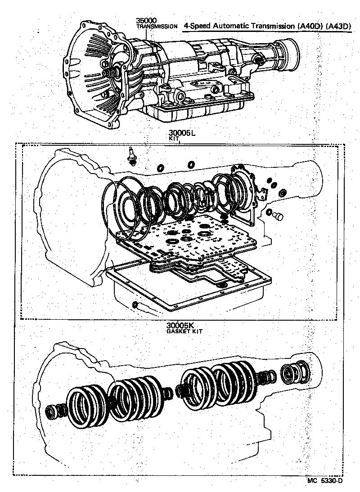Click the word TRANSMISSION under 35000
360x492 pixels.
tap(157, 27)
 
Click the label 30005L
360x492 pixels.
tap(181, 134)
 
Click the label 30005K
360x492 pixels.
tap(180, 325)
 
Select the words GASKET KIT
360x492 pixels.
tap(184, 331)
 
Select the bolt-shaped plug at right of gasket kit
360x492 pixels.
tap(279, 217)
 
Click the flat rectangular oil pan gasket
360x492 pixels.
tap(189, 288)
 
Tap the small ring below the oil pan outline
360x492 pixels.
tap(135, 306)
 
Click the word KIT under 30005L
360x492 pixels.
tap(174, 139)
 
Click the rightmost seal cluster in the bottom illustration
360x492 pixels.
tap(295, 372)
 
